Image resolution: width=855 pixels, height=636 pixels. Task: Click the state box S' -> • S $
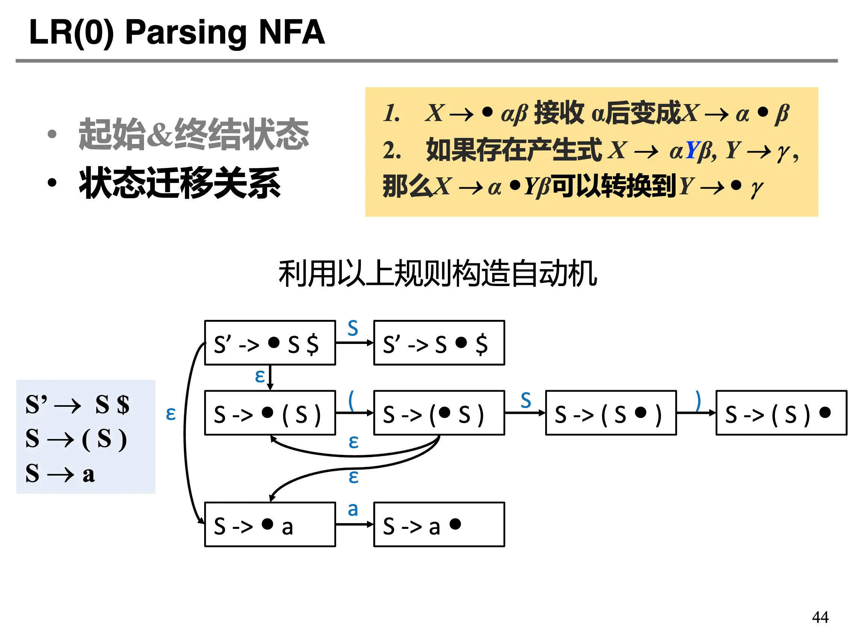point(270,343)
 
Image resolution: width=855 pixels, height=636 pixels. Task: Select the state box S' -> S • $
point(439,343)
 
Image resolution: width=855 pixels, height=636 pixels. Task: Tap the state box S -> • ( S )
point(270,413)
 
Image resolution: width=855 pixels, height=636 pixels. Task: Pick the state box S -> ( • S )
point(439,413)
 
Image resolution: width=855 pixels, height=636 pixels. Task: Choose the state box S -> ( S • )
point(611,413)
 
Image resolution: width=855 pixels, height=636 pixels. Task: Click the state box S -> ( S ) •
point(781,413)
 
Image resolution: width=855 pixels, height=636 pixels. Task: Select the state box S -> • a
point(270,524)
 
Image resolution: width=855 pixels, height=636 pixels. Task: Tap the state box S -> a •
point(439,524)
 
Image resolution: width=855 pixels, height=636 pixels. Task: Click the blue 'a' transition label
point(353,509)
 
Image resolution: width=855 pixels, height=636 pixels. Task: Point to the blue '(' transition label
point(351,400)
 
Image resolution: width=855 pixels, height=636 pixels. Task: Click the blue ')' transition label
point(698,400)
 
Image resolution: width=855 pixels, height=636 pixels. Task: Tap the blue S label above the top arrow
point(353,328)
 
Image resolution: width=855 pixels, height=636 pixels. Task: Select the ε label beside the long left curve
point(171,413)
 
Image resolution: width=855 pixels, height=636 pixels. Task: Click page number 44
point(820,617)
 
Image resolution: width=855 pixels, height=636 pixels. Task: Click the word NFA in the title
point(292,32)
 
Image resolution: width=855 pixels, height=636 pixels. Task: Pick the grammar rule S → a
point(60,474)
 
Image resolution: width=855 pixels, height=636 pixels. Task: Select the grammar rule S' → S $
point(77,404)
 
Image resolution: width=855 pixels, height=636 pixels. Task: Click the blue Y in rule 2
point(692,150)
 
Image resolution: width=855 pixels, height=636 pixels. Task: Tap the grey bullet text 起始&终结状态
point(193,134)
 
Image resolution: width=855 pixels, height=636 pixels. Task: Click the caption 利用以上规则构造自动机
point(438,273)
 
